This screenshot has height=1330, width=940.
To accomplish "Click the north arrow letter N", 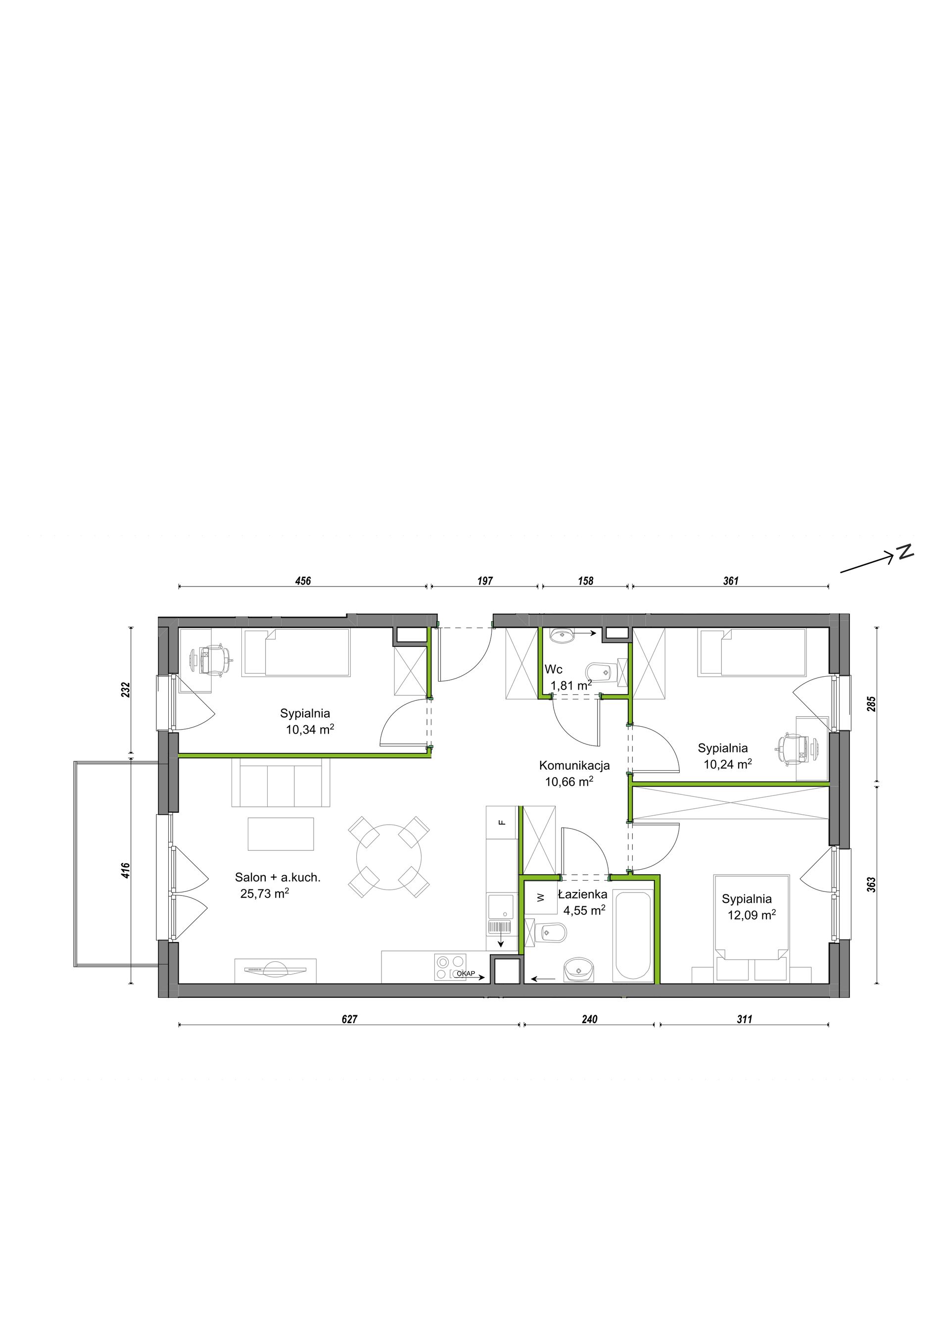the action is coord(905,551).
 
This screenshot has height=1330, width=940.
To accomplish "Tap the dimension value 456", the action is coord(303,581).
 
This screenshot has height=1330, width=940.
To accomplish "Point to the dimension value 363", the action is coord(872,885).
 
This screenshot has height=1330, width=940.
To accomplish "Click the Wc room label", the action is coord(553,670).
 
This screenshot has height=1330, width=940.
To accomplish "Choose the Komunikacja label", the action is coord(574,766).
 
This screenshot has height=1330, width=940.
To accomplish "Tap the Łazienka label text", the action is coord(582,894).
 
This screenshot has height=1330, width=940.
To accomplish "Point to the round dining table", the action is coord(388,857).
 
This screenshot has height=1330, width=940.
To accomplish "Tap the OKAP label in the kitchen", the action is coord(466,973).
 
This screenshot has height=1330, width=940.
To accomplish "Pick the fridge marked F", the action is coord(501,821).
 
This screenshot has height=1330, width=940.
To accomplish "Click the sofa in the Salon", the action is coord(281,783).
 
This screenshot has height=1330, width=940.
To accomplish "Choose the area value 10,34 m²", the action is coord(310,729).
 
